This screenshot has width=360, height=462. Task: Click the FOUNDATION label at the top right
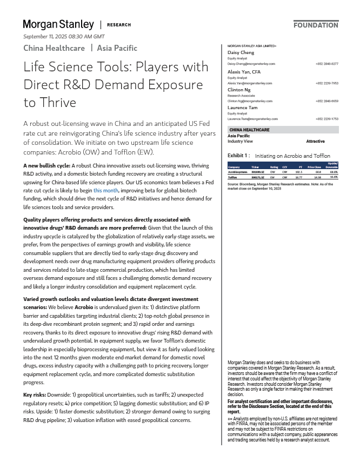pyautogui.click(x=316, y=25)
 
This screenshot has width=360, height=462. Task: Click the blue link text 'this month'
pyautogui.click(x=105, y=191)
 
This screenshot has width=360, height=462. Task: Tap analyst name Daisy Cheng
pyautogui.click(x=241, y=52)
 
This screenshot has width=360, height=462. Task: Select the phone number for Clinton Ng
pyautogui.click(x=326, y=101)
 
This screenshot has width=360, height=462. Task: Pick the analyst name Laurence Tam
pyautogui.click(x=243, y=108)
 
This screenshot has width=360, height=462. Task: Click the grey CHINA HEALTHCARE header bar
pyautogui.click(x=283, y=130)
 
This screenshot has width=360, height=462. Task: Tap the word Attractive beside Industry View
pyautogui.click(x=315, y=142)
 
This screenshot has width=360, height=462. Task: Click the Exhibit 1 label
pyautogui.click(x=238, y=156)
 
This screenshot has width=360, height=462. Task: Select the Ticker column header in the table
pyautogui.click(x=255, y=168)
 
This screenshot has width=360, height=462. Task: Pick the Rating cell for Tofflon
pyautogui.click(x=274, y=177)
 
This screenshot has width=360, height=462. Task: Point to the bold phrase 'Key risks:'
pyautogui.click(x=35, y=395)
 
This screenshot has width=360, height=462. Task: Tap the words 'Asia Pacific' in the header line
pyautogui.click(x=117, y=48)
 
